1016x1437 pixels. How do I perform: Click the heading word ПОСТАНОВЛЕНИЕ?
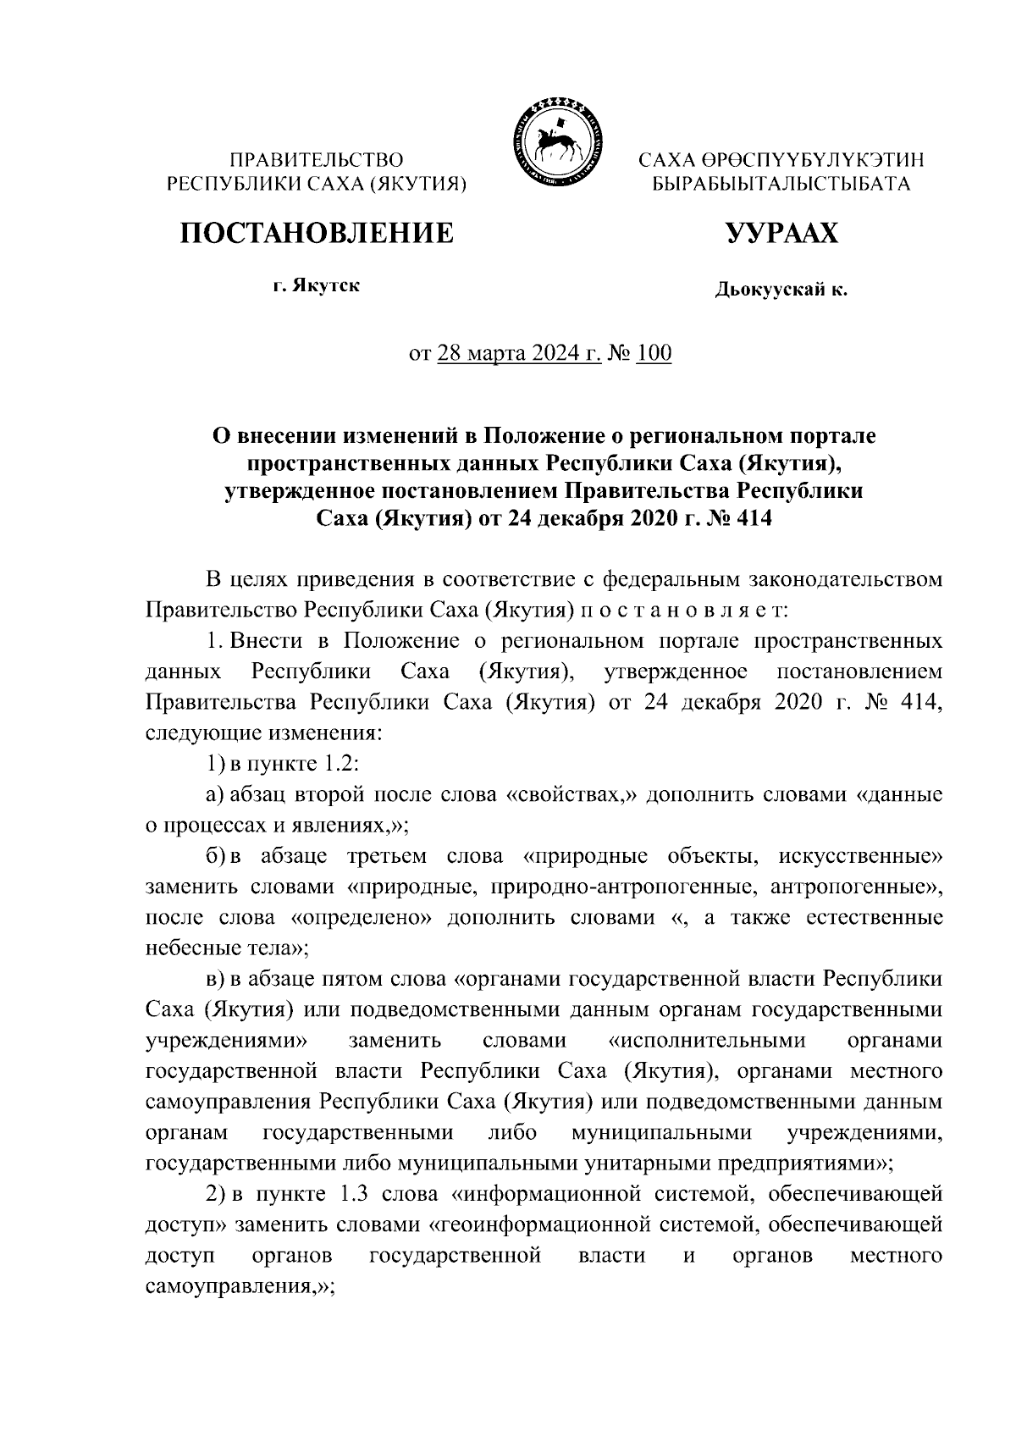click(x=316, y=232)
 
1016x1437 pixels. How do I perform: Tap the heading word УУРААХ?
click(x=781, y=232)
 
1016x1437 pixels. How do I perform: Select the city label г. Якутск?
click(x=316, y=285)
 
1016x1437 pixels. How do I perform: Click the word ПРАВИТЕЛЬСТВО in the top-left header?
click(x=317, y=160)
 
